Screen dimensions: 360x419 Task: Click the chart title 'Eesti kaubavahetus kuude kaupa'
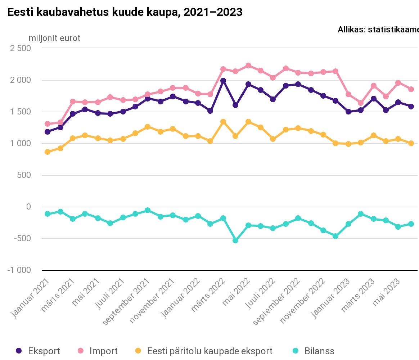pos(125,12)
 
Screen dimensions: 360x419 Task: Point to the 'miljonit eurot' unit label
pos(55,38)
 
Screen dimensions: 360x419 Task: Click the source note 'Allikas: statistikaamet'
pos(378,30)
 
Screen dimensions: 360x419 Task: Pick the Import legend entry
pos(98,351)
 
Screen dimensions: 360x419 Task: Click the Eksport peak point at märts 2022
pos(223,81)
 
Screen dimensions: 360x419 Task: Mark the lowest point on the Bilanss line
pos(235,240)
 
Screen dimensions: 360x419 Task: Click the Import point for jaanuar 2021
pos(47,124)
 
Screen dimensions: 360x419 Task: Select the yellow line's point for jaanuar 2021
pos(47,152)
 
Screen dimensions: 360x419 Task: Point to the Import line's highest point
pos(248,66)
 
